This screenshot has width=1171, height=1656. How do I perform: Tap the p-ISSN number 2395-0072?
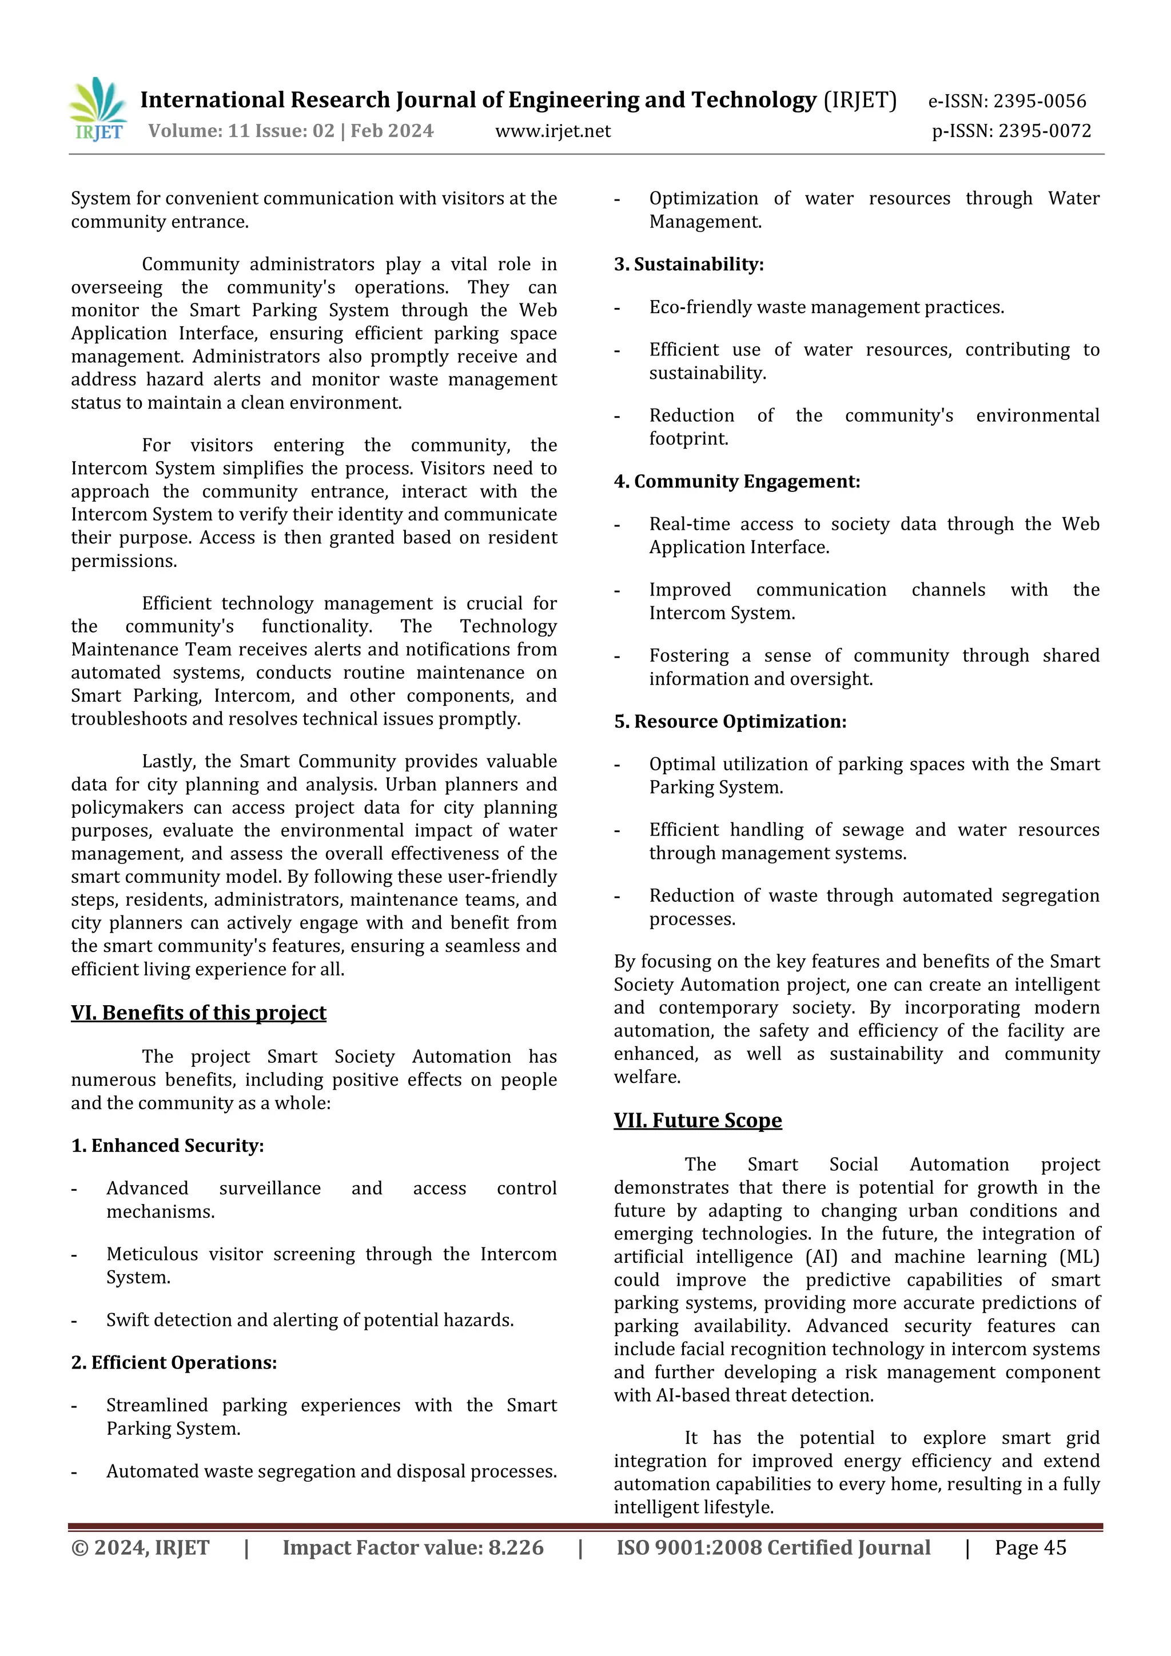tap(1044, 131)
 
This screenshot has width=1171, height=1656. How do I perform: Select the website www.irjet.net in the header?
tap(553, 131)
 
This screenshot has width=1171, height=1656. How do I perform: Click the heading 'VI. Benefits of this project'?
tap(198, 1013)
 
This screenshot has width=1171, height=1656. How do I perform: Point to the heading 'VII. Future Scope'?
tap(698, 1120)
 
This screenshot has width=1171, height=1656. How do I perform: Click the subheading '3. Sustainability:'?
tap(688, 265)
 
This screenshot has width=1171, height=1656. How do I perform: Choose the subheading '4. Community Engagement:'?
tap(736, 482)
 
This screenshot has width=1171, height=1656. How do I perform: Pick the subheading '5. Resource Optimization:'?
tap(730, 722)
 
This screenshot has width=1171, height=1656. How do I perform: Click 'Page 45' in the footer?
tap(1030, 1548)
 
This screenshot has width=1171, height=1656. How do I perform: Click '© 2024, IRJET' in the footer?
tap(140, 1548)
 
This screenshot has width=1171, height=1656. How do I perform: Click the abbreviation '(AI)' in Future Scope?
tap(821, 1257)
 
